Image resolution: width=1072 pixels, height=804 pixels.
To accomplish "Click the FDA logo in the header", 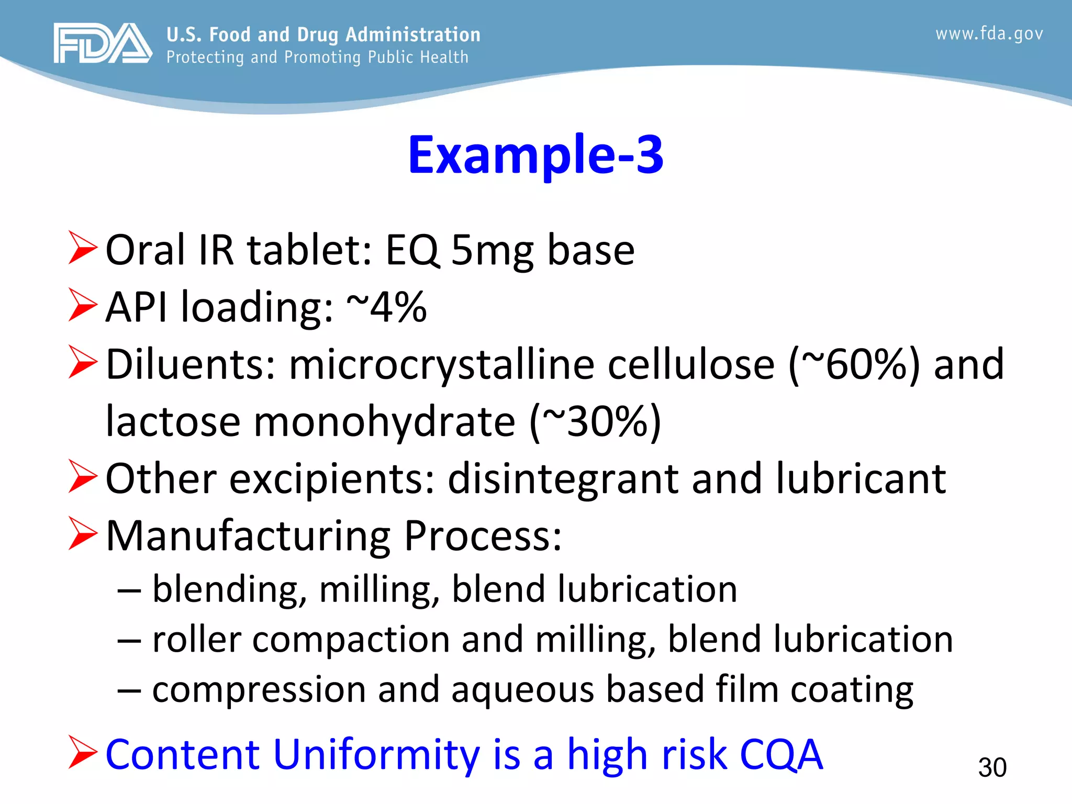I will coord(103,43).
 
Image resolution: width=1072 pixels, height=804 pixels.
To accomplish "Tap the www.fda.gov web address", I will coord(989,34).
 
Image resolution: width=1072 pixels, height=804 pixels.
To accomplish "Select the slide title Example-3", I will coord(535,154).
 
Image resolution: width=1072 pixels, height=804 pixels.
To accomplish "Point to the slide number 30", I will coord(992,767).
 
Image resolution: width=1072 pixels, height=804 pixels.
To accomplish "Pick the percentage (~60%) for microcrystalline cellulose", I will coord(854,364).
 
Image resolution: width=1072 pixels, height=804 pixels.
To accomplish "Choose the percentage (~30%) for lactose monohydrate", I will coord(595,421).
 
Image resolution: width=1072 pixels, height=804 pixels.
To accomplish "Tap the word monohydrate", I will coord(385,422).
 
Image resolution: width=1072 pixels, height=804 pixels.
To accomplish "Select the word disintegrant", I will coord(564,478).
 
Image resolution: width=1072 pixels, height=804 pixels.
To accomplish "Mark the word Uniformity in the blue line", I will coord(376,754).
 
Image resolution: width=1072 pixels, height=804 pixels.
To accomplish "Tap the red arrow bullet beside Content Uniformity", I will coord(83,752).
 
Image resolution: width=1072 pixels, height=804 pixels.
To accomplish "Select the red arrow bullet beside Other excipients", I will coord(83,477).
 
